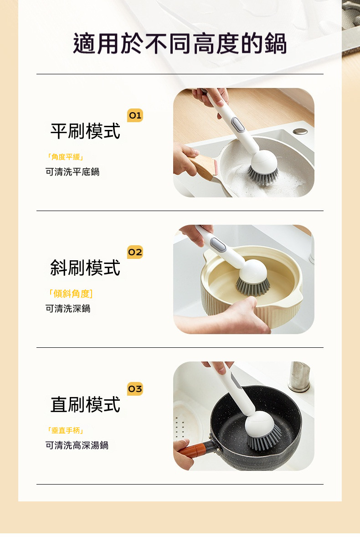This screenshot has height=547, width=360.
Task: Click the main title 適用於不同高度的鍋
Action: tap(180, 44)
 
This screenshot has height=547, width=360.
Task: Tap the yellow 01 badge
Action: tap(135, 115)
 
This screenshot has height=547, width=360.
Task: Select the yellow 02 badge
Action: tap(135, 252)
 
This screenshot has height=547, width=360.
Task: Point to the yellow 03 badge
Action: tap(135, 389)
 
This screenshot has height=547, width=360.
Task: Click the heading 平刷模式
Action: tap(85, 131)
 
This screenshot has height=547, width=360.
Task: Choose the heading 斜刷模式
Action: tap(85, 268)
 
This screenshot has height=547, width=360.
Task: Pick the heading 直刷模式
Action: tap(85, 405)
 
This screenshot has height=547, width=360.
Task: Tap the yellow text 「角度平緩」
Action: tap(65, 157)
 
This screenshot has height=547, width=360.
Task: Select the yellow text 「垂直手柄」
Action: tap(65, 430)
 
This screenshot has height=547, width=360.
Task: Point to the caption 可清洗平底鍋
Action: tap(72, 172)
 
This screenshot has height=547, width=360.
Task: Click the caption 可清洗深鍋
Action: tap(68, 309)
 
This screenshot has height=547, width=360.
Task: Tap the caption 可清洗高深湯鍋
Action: tap(77, 445)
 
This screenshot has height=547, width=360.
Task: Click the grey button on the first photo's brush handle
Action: tap(238, 125)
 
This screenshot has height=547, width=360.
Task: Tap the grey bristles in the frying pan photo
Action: tap(263, 175)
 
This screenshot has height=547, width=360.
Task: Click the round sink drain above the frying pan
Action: tap(300, 131)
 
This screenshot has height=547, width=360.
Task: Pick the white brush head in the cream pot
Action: tap(253, 270)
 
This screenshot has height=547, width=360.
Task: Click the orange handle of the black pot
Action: tap(191, 451)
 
